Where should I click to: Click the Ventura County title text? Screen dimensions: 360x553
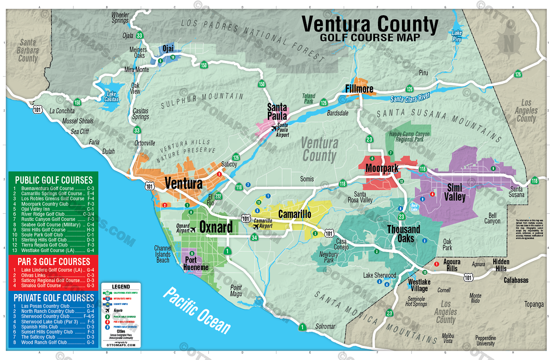coord(370,24)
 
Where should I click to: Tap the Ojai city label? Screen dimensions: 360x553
coord(168,49)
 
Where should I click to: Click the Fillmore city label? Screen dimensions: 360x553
coord(359,89)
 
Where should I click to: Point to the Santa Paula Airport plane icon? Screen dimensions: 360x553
coord(274,128)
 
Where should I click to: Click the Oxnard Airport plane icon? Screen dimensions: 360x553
coord(193,229)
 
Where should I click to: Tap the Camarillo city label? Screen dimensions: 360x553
coord(295,214)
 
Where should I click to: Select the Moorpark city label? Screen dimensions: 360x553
coord(382,169)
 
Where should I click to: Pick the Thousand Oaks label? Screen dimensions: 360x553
coord(403,234)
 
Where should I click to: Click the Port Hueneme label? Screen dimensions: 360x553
coord(195,264)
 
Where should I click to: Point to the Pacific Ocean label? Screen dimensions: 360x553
coord(197,310)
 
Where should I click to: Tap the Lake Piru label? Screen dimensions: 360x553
coord(457,36)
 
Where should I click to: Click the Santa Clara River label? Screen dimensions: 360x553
coord(410,97)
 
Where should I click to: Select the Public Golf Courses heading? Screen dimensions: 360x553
coord(54,180)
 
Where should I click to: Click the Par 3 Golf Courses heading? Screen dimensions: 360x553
coord(54,262)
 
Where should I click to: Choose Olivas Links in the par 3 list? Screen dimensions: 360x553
coord(34,275)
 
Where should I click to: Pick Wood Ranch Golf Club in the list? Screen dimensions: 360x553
coord(44,342)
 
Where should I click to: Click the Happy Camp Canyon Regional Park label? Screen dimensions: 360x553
coord(409,137)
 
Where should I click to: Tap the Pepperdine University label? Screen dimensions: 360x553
coord(485,341)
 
